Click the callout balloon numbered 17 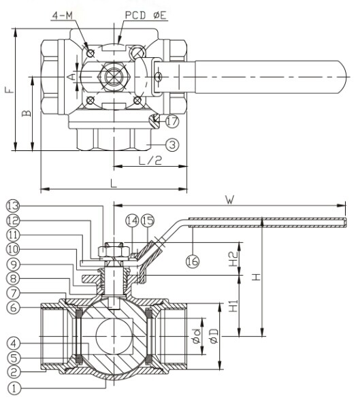point(171,122)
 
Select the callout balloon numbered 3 point(171,144)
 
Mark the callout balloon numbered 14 point(131,221)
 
